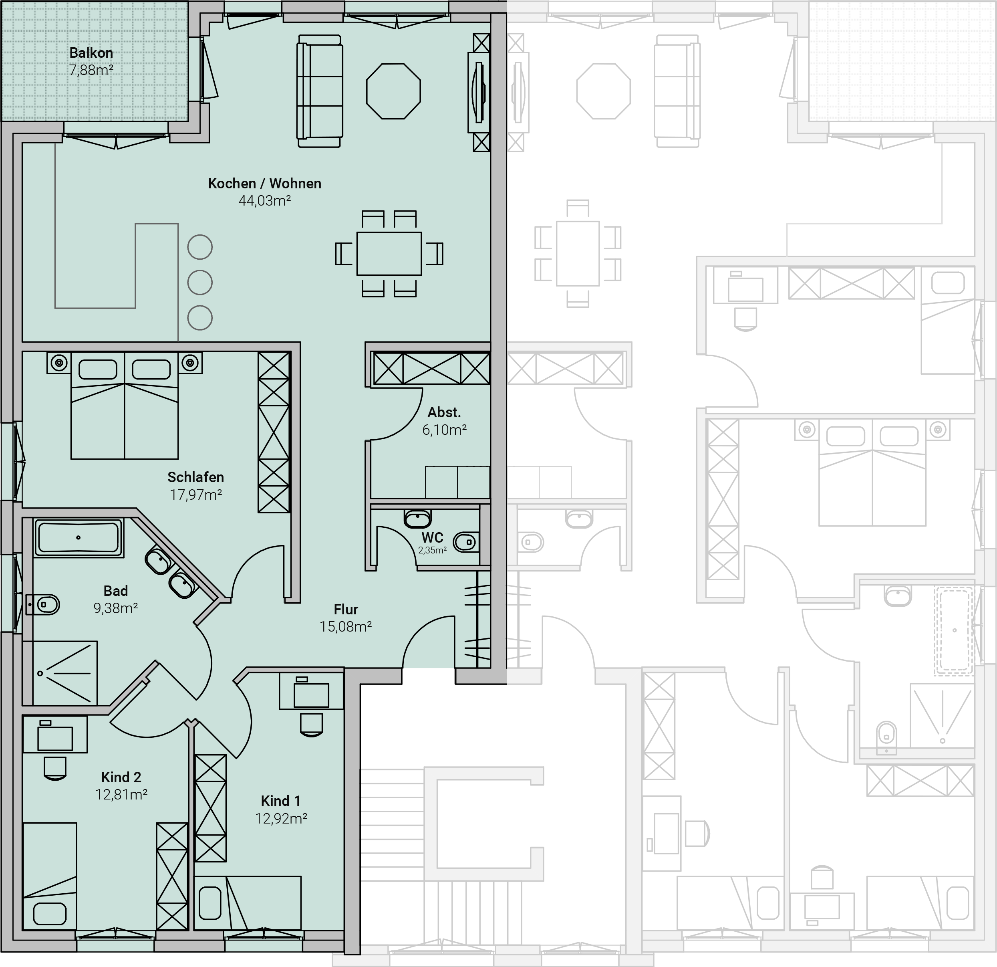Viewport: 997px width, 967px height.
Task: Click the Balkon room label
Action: point(91,53)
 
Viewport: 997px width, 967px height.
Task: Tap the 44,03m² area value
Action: point(264,200)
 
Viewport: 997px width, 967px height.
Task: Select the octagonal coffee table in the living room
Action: point(394,91)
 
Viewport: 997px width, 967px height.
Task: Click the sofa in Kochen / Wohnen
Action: point(319,91)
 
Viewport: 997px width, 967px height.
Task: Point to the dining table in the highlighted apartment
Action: point(389,253)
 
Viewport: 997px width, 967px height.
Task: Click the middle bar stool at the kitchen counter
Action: point(200,283)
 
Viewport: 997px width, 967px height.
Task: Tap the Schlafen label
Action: point(196,477)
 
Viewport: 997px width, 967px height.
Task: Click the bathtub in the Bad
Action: point(79,537)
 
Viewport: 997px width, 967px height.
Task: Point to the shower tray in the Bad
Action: point(60,673)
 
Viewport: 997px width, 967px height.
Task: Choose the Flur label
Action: point(346,609)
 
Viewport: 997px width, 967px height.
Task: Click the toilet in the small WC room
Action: point(466,543)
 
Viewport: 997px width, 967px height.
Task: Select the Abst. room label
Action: point(444,412)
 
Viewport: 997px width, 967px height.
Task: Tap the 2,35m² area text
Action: point(432,550)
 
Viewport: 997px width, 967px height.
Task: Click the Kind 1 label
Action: point(281,801)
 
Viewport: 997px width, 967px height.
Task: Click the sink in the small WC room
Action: point(418,519)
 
